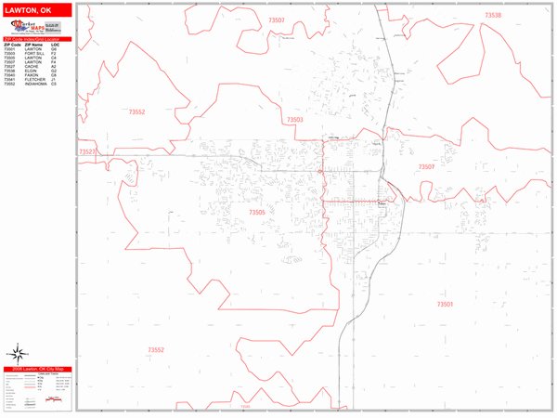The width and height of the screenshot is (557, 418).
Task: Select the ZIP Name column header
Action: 34,45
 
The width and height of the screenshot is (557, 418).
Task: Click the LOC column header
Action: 55,45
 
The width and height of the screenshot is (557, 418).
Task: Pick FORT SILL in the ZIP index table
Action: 35,53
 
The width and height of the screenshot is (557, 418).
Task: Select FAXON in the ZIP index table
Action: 33,76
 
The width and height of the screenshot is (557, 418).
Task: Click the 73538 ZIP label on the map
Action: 493,16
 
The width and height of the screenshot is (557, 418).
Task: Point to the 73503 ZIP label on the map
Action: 295,120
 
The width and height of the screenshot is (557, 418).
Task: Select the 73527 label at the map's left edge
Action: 87,151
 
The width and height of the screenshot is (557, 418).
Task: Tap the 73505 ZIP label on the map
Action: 257,213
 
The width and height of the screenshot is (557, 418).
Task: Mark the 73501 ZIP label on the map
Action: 445,305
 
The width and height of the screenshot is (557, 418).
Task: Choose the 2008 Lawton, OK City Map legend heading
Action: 36,370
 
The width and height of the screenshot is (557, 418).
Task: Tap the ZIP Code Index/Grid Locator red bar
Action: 36,39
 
